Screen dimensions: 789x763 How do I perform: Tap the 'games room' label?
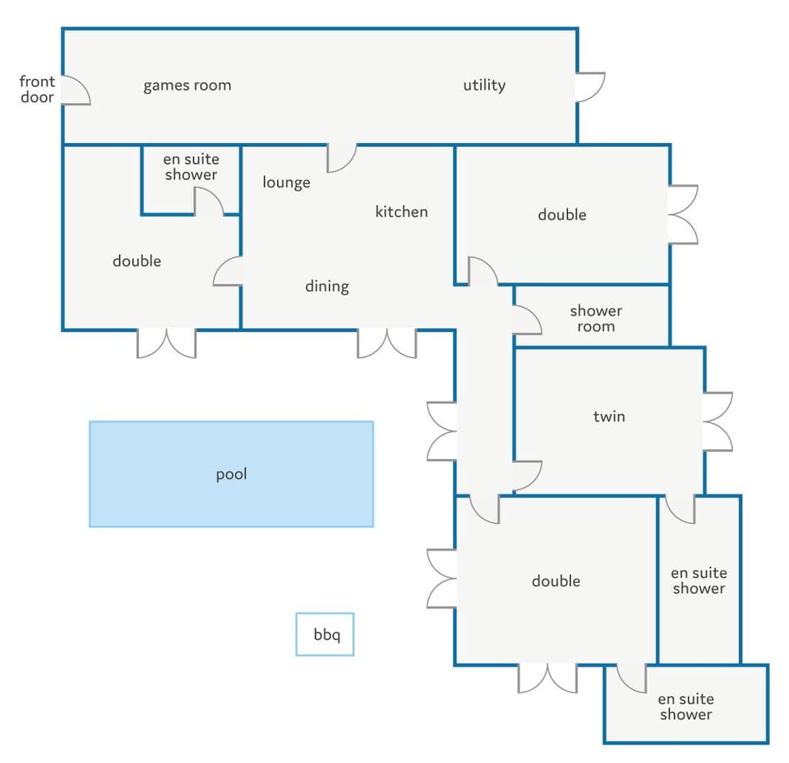click(x=187, y=85)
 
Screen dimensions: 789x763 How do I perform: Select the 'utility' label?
click(x=484, y=85)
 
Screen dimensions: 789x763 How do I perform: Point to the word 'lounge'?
click(x=286, y=182)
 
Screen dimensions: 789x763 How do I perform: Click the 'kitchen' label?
click(x=402, y=211)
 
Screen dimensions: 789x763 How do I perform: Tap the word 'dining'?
click(x=327, y=286)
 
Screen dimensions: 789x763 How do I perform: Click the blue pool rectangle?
click(x=232, y=474)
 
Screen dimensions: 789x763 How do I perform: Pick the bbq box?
click(x=325, y=634)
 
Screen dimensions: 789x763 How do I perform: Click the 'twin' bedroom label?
click(x=609, y=416)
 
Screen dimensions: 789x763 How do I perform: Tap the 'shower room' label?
click(x=596, y=319)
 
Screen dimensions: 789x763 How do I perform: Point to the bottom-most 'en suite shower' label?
click(x=685, y=706)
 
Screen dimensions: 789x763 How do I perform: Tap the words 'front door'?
click(x=37, y=89)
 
